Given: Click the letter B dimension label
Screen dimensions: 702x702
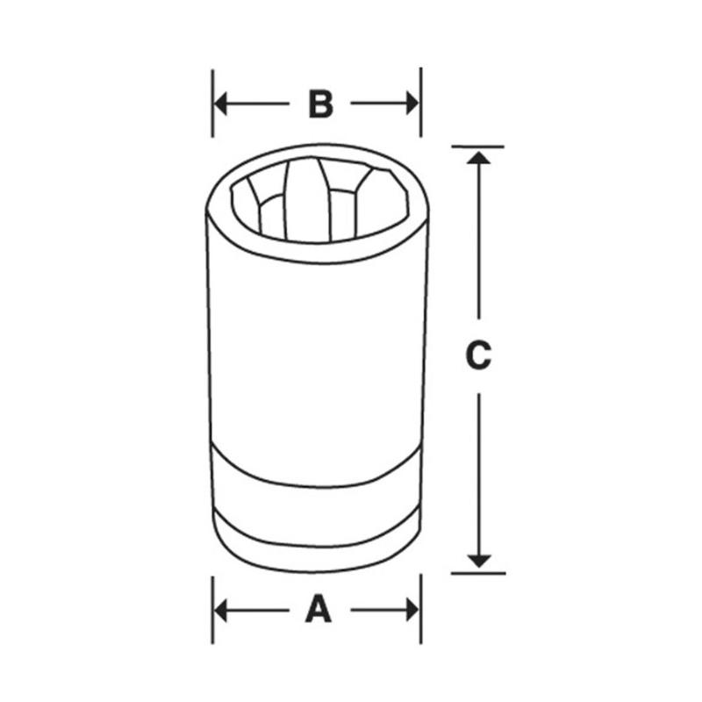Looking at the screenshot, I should (320, 104).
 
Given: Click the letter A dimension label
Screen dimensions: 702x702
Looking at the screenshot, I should (319, 608).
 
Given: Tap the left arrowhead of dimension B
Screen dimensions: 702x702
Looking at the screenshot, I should (221, 104).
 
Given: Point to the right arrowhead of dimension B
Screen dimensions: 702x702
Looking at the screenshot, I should (412, 104).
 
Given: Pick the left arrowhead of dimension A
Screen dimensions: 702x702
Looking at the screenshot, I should (221, 609).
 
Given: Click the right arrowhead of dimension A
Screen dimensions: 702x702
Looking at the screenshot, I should (412, 609).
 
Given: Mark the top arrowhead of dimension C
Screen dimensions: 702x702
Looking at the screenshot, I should (478, 157).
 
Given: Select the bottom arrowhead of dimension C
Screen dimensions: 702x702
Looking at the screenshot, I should (478, 559).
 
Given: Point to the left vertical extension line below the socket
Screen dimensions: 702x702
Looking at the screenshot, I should (212, 609).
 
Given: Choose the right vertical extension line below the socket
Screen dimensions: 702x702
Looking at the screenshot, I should (420, 609).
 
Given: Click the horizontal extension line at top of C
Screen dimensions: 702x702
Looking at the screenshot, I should (478, 147).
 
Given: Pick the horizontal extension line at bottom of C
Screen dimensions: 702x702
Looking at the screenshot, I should (478, 573).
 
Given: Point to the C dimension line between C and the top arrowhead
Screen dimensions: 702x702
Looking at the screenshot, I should (478, 246).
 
